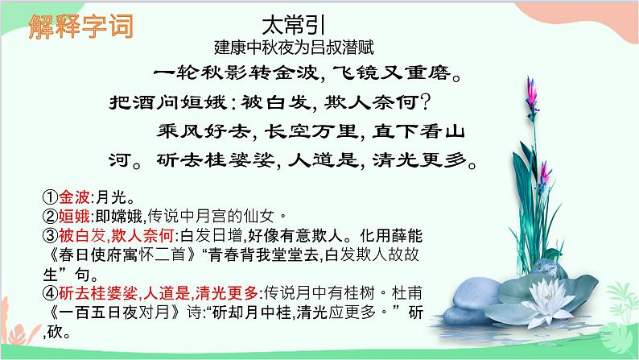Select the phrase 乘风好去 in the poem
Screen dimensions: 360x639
[x=201, y=130]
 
